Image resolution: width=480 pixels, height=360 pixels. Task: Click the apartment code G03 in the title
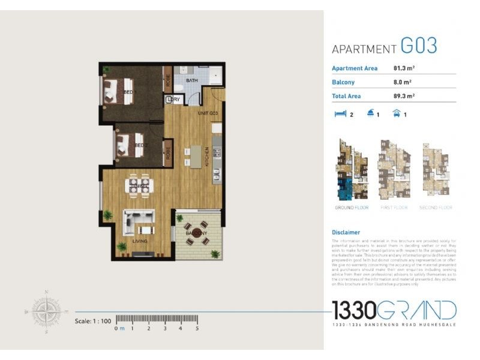[x=419, y=46]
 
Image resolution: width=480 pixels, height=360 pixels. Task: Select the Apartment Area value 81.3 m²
[x=404, y=68]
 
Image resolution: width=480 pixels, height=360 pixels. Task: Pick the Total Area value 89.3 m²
[x=404, y=95]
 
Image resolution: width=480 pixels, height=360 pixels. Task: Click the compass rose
[x=47, y=312]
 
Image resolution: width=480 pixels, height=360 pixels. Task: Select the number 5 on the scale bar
[x=197, y=328]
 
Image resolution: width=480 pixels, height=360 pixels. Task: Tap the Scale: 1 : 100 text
[x=93, y=321]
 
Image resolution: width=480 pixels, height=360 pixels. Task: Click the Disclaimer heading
[x=346, y=232]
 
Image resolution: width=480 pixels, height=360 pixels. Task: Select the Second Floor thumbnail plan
[x=436, y=170]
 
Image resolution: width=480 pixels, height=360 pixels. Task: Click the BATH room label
[x=192, y=80]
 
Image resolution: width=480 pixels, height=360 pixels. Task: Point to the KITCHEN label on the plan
[x=208, y=157]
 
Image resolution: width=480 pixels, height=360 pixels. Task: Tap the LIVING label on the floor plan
[x=140, y=241]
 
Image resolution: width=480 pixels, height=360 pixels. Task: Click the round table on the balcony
[x=196, y=233]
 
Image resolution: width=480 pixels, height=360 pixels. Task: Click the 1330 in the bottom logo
[x=354, y=311]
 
